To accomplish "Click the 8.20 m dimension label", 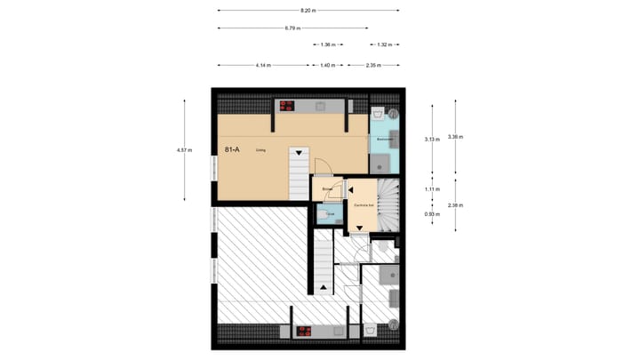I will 307,11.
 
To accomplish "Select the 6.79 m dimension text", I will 291,28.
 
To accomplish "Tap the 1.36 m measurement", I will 326,44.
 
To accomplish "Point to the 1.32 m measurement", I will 384,44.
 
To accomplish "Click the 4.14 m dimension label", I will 262,65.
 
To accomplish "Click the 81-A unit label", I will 231,150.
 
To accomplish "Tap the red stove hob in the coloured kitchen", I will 287,105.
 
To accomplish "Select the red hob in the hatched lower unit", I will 304,331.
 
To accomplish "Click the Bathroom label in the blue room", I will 385,140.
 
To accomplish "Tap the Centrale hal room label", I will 363,205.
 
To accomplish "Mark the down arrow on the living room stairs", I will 300,153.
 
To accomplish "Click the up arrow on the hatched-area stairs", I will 322,288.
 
